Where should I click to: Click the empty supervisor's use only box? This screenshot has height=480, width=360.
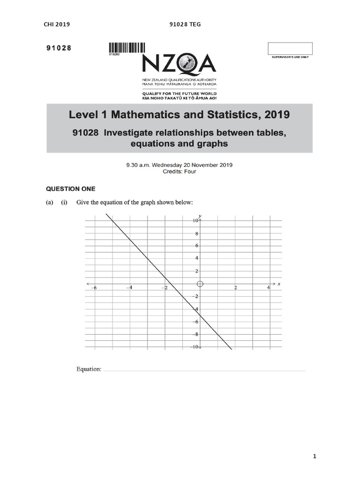click(x=289, y=48)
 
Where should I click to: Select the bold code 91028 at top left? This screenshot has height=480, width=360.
click(x=58, y=48)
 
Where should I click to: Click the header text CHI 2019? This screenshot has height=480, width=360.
click(x=56, y=24)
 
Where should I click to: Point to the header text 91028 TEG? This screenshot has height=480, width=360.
click(x=185, y=24)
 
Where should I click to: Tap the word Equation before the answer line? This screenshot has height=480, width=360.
click(x=89, y=369)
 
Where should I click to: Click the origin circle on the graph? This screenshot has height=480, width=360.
click(x=200, y=284)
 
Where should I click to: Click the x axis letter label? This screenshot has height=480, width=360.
click(x=278, y=284)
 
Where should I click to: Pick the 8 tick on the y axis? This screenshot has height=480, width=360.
click(x=197, y=233)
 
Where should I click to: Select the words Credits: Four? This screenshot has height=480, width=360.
click(x=180, y=172)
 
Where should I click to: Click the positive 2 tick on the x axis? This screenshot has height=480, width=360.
click(x=236, y=288)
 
